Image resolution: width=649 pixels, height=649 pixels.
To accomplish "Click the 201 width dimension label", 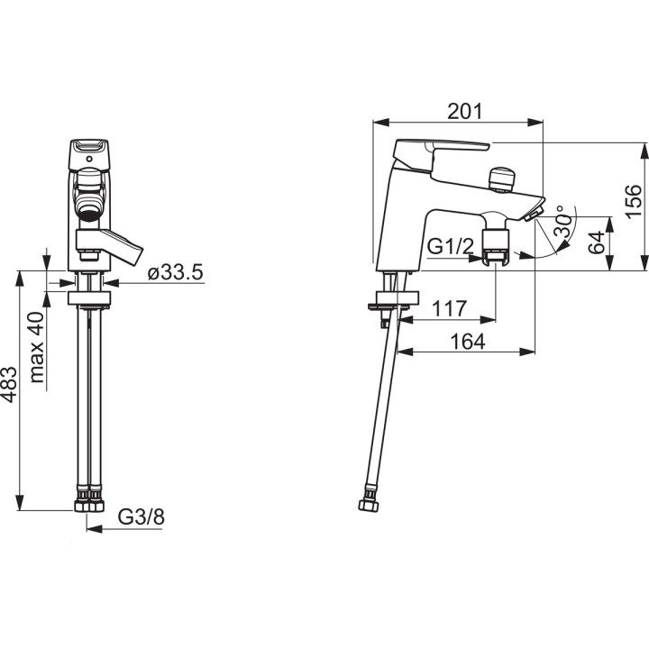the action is [x=465, y=112].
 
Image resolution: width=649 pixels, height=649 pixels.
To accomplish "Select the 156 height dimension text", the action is [x=633, y=201].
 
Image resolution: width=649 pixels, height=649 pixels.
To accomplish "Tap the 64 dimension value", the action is [x=596, y=242].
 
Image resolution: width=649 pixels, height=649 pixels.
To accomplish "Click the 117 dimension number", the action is [x=449, y=308].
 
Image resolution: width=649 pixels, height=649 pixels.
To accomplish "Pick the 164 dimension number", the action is [x=467, y=342].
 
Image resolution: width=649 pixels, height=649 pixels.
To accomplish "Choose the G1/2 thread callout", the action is [x=450, y=247].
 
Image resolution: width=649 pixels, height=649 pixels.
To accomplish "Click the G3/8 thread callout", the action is [x=142, y=517].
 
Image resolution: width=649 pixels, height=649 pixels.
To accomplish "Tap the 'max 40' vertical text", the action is [x=37, y=347].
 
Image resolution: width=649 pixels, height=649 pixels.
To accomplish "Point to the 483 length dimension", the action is [x=9, y=385].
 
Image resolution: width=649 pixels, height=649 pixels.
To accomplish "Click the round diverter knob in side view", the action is [x=502, y=178].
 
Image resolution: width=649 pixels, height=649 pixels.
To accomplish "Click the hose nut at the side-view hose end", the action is [x=370, y=506].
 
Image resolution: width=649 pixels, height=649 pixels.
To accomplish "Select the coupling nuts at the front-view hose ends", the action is [x=89, y=505].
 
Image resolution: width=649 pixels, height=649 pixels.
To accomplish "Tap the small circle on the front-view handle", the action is [x=89, y=159].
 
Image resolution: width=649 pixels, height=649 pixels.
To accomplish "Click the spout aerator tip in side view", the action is [x=534, y=215].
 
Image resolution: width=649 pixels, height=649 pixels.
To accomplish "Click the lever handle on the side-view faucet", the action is [x=441, y=152].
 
